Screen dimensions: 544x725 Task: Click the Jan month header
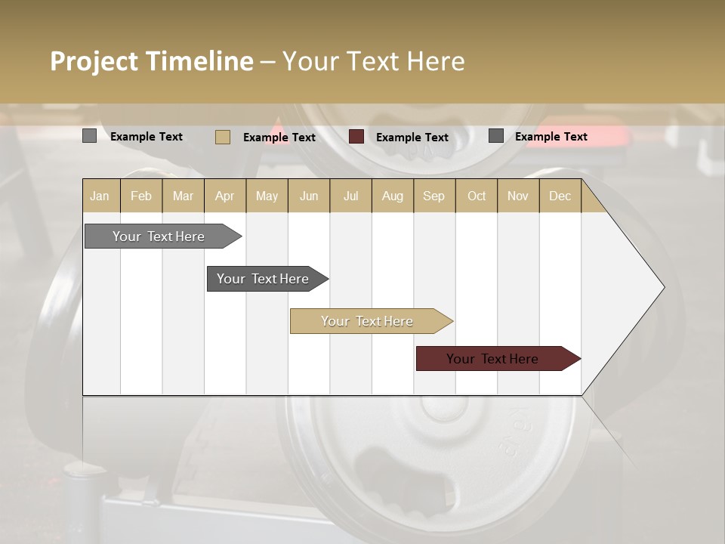click(x=100, y=196)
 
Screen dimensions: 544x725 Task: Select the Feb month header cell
click(x=141, y=196)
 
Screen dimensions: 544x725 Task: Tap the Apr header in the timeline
click(x=225, y=196)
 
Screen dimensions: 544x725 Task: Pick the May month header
click(x=267, y=196)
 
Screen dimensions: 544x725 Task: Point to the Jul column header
click(x=350, y=196)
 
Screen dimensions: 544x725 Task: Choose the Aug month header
click(x=393, y=196)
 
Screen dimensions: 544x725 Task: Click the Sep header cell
click(x=434, y=196)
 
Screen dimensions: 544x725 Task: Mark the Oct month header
click(x=477, y=196)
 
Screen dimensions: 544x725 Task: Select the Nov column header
click(x=518, y=196)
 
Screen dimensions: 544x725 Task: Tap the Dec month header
click(x=560, y=196)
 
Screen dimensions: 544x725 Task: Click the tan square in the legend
click(x=223, y=137)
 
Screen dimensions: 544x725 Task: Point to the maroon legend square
click(x=356, y=137)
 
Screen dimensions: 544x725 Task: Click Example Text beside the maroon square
click(x=412, y=138)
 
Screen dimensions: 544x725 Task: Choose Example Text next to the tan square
click(x=279, y=138)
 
